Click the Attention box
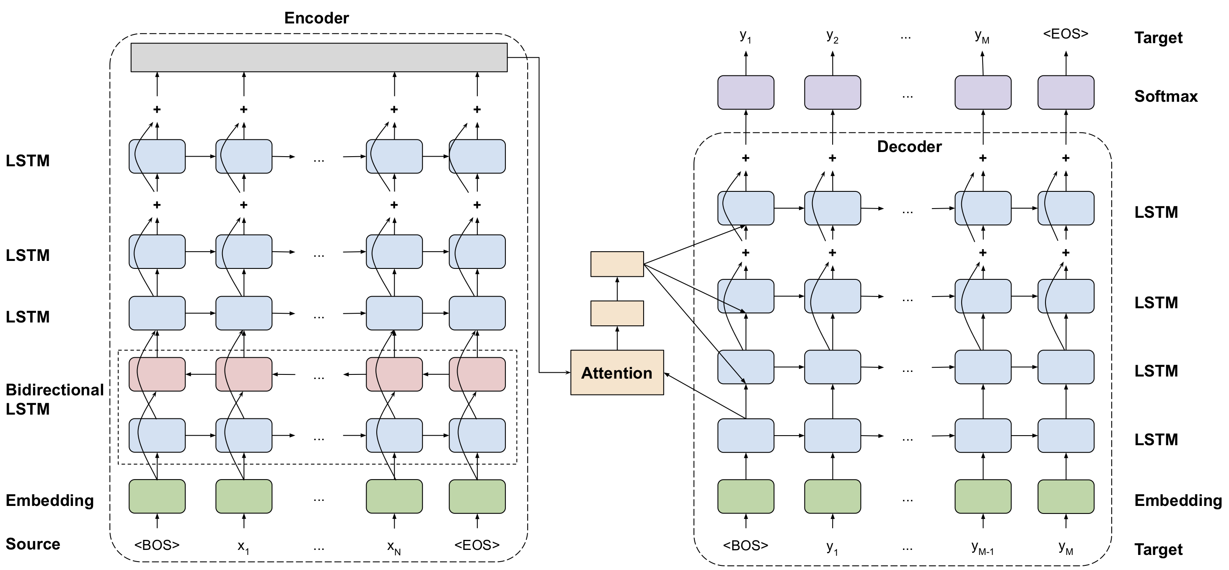click(x=617, y=372)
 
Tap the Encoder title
click(x=316, y=18)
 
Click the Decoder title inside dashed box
click(x=909, y=147)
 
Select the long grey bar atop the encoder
click(x=319, y=57)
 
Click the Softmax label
click(x=1166, y=96)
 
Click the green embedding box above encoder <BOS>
click(x=157, y=496)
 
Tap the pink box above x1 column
click(x=244, y=374)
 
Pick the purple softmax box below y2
click(x=833, y=92)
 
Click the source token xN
click(x=393, y=547)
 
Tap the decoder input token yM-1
click(x=982, y=547)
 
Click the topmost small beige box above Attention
click(x=617, y=264)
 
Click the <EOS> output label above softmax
click(x=1065, y=34)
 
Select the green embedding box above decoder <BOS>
click(x=746, y=496)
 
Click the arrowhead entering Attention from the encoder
click(x=567, y=372)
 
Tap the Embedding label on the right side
click(x=1178, y=500)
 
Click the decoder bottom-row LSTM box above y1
click(x=833, y=435)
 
